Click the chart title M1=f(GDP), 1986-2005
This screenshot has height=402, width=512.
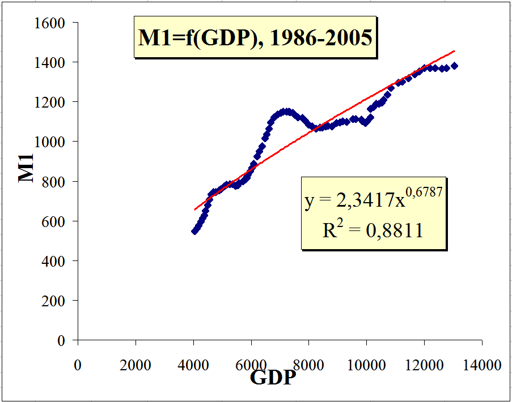255,38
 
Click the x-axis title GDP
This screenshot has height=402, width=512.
273,377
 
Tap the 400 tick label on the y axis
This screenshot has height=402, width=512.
56,261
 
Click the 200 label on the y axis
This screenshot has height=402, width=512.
56,301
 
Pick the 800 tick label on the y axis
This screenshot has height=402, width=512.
56,182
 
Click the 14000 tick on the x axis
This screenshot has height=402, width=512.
482,365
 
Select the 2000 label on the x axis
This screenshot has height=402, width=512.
136,365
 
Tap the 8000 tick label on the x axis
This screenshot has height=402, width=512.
308,365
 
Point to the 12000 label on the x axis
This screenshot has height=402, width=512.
424,365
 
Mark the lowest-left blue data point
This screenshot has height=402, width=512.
194,230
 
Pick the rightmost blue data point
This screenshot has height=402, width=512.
454,66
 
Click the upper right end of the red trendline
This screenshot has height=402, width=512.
454,50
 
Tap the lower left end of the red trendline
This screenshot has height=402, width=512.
194,209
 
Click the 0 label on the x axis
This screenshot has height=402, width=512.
78,365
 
